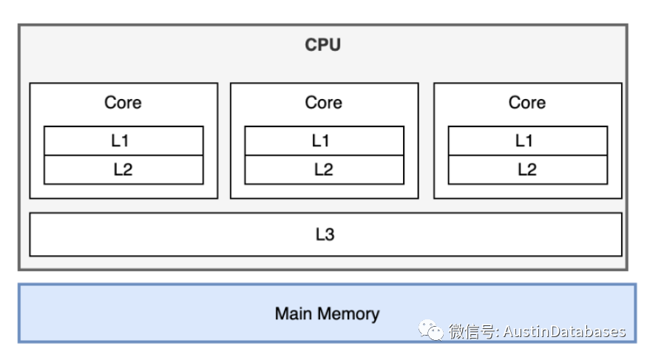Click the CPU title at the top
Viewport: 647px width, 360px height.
323,45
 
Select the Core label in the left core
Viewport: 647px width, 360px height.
123,103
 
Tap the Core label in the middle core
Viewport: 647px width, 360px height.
323,103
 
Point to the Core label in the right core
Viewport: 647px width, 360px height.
526,103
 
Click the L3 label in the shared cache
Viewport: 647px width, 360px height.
325,235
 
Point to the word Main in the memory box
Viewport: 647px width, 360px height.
293,313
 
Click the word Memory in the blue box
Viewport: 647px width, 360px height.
347,313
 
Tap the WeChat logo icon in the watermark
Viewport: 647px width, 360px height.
431,330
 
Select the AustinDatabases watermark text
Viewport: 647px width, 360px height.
565,332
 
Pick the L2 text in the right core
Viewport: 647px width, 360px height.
526,170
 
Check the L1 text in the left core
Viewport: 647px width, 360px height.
123,140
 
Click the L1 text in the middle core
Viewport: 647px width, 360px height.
323,140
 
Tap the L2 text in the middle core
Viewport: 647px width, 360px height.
323,170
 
